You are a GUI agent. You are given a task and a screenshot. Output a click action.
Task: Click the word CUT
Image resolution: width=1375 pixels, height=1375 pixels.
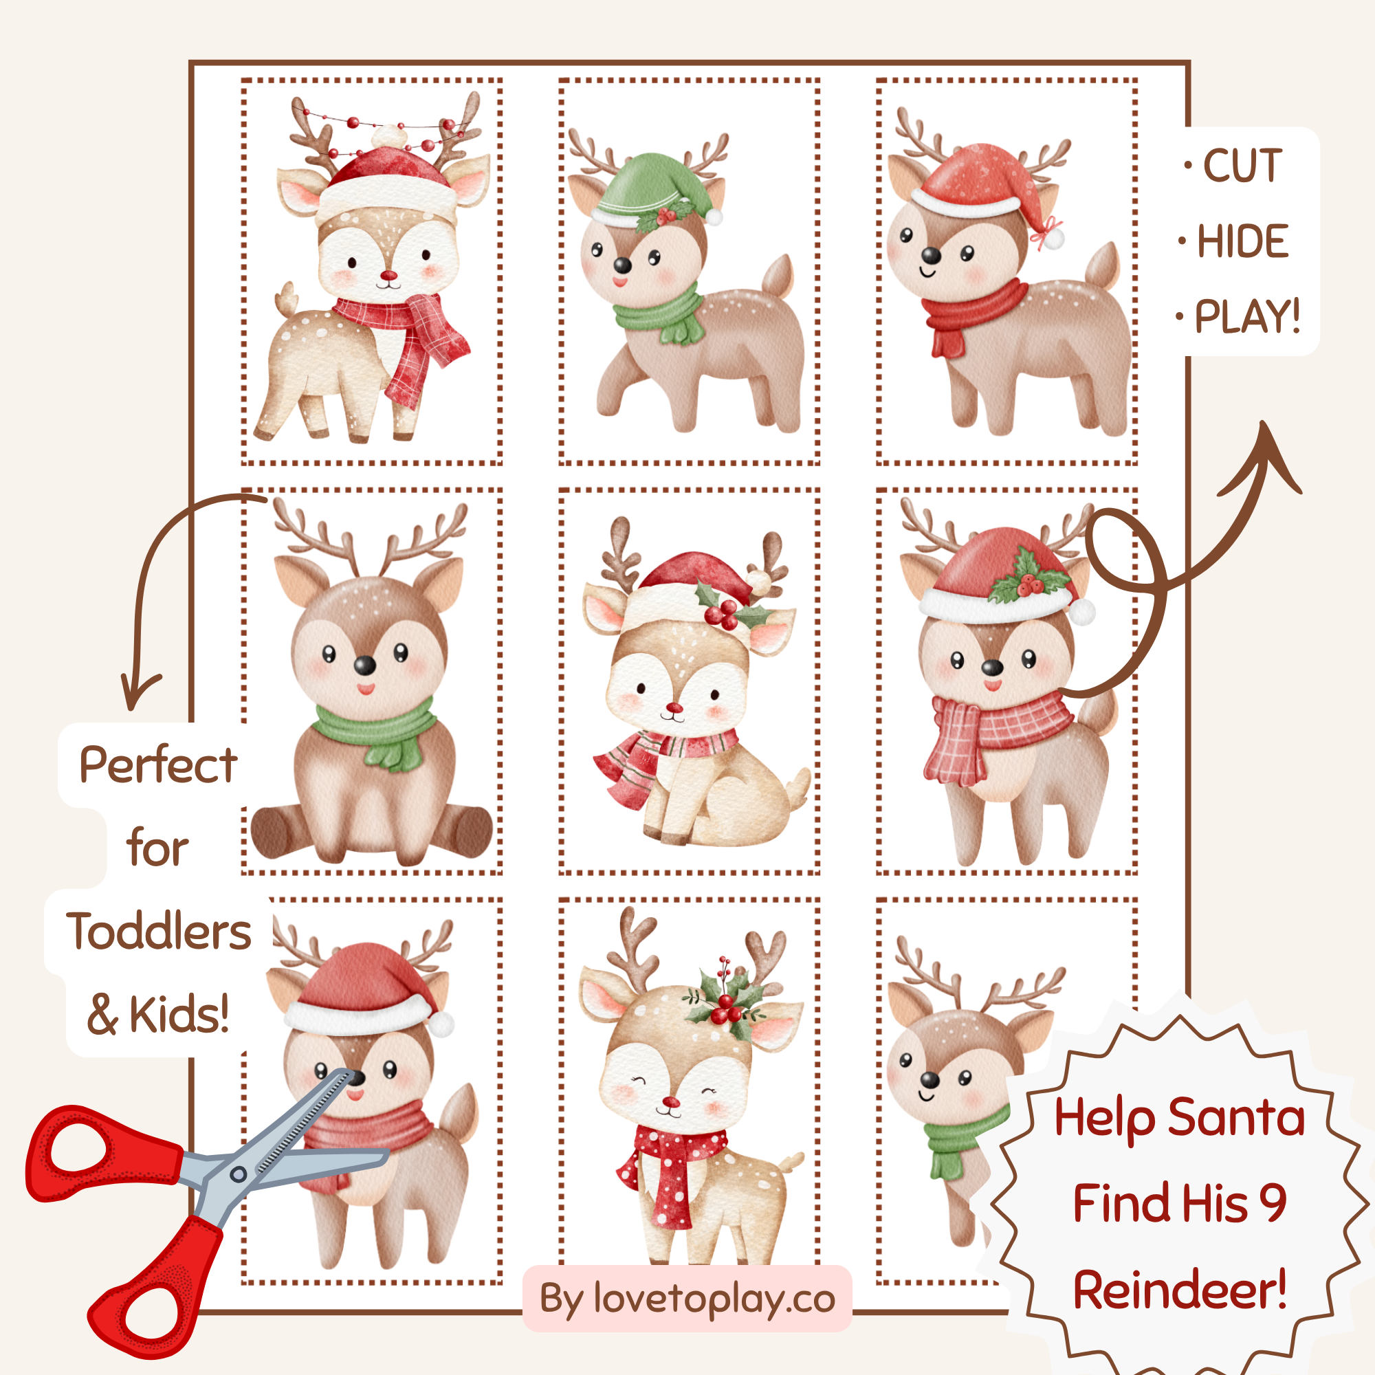[x=1242, y=166]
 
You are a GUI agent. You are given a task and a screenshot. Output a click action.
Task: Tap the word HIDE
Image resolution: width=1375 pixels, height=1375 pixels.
[x=1242, y=241]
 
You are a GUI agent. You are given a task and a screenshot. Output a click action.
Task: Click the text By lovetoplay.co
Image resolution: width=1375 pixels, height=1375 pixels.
[x=687, y=1299]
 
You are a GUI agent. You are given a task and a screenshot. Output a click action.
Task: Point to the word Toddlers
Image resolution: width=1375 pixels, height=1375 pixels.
[x=159, y=932]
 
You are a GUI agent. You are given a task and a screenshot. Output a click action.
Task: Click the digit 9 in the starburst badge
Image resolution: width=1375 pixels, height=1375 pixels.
[x=1273, y=1202]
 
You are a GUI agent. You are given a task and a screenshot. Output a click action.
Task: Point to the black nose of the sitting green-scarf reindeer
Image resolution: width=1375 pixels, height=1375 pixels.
[x=364, y=665]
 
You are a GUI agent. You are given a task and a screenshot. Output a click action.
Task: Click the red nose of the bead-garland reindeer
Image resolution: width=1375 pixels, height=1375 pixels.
[x=388, y=276]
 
